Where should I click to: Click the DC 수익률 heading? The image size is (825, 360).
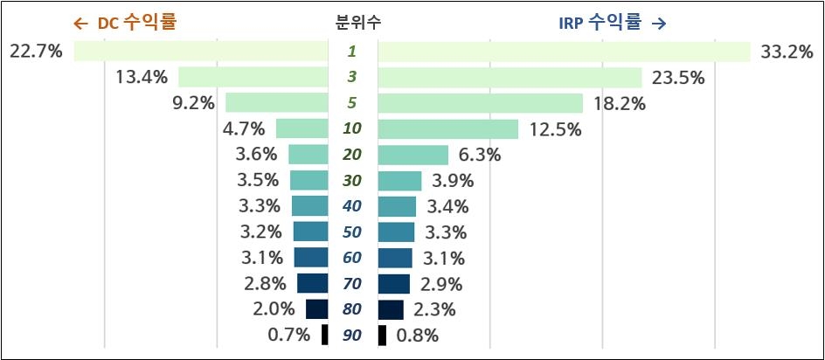(124, 22)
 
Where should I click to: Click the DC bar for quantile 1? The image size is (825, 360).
(201, 52)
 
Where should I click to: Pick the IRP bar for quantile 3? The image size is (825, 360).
(510, 78)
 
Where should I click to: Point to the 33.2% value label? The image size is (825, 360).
(787, 52)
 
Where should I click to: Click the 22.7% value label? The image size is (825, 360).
(36, 52)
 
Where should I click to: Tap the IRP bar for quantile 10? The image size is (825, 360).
(447, 129)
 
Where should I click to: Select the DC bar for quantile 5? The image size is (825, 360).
(277, 103)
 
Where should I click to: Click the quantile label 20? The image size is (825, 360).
(352, 155)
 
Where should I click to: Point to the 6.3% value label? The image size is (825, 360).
(478, 155)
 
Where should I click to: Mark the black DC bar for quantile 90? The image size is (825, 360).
(325, 335)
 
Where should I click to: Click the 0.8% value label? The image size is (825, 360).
(418, 335)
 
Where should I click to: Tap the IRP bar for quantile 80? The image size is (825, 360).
(391, 309)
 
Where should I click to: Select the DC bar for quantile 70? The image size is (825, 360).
(313, 283)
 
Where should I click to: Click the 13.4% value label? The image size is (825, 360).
(141, 78)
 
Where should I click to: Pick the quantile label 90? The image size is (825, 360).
(352, 335)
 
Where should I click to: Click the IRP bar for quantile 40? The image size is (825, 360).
(397, 206)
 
